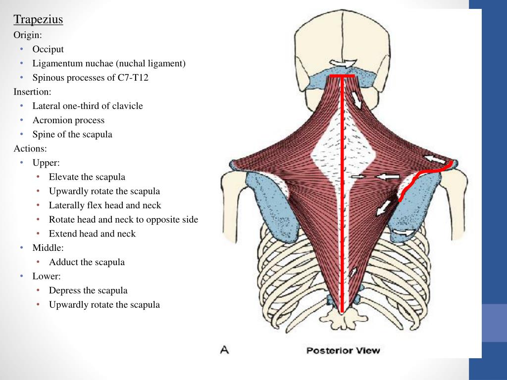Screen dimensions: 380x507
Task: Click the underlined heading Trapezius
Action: (x=38, y=20)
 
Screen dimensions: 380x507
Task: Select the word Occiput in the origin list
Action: (x=48, y=49)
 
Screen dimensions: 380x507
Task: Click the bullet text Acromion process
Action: (x=68, y=120)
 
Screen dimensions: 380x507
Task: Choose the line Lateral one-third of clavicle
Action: (x=87, y=106)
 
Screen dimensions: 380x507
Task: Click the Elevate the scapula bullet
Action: (x=87, y=177)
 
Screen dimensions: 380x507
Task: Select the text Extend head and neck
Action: (x=92, y=234)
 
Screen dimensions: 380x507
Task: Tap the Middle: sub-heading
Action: (x=48, y=248)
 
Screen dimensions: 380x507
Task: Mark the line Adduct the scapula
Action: (x=87, y=262)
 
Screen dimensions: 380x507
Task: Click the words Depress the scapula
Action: (x=88, y=290)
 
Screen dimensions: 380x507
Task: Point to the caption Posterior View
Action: (x=343, y=350)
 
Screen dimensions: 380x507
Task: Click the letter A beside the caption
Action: (x=224, y=350)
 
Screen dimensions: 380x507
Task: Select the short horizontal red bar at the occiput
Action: (x=342, y=77)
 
